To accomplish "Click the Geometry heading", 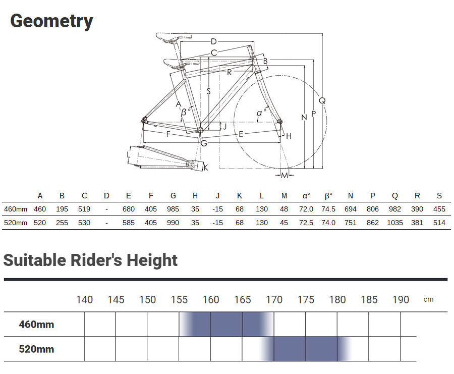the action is point(51,21).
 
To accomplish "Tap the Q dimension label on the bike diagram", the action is point(322,100).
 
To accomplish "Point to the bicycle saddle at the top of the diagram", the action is point(174,37).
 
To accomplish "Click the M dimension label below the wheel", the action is point(285,175).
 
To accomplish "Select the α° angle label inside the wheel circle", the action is point(261,113).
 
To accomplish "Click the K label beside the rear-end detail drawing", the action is point(206,168).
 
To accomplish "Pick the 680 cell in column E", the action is point(129,209).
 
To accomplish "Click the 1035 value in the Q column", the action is point(395,223).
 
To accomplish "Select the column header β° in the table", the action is point(328,196).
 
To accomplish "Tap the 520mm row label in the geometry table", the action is point(16,223).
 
